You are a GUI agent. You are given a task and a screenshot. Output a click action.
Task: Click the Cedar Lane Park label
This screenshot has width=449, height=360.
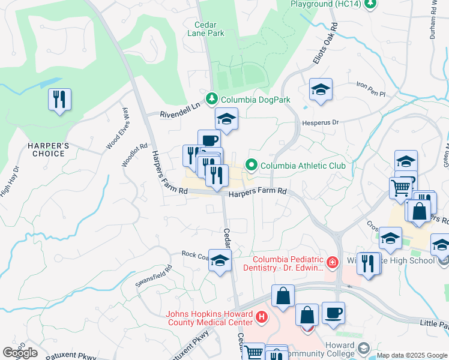pos(209,29)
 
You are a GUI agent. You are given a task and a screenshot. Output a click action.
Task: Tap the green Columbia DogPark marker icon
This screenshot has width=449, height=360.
pos(211,99)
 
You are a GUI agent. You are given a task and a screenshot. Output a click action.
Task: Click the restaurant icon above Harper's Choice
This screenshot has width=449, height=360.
pos(59,100)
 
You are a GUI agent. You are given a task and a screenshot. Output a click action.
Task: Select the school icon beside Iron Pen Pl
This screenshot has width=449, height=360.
pos(321,90)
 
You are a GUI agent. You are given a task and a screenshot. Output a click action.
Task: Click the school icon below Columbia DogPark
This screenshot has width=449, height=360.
pos(226,119)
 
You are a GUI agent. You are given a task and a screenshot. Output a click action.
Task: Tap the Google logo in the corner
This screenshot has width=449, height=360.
pos(20,352)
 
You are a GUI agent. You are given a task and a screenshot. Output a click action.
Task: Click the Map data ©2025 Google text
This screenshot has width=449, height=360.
pos(412,355)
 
